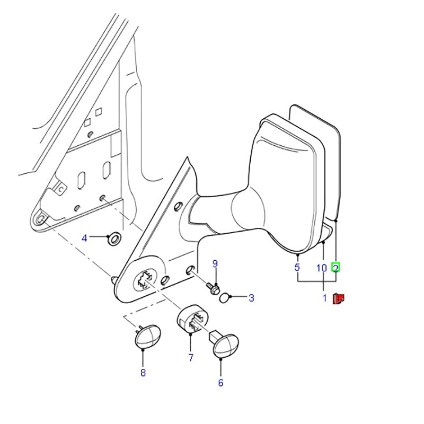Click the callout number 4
click(84, 238)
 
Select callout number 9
click(215, 263)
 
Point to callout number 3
click(251, 298)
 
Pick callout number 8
click(143, 373)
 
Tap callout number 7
click(191, 358)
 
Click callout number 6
click(220, 383)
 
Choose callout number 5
click(297, 268)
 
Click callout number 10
click(321, 268)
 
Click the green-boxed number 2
click(335, 268)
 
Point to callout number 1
click(325, 298)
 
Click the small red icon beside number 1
click(338, 299)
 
